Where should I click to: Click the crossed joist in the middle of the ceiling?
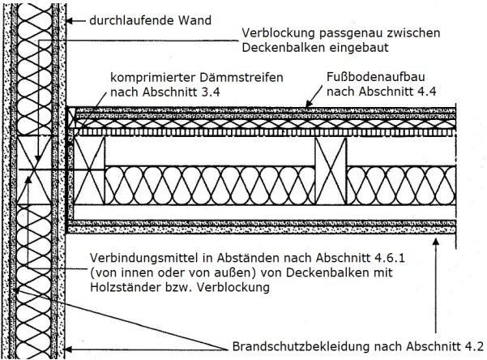point(331,174)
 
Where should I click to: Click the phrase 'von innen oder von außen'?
point(170,272)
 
